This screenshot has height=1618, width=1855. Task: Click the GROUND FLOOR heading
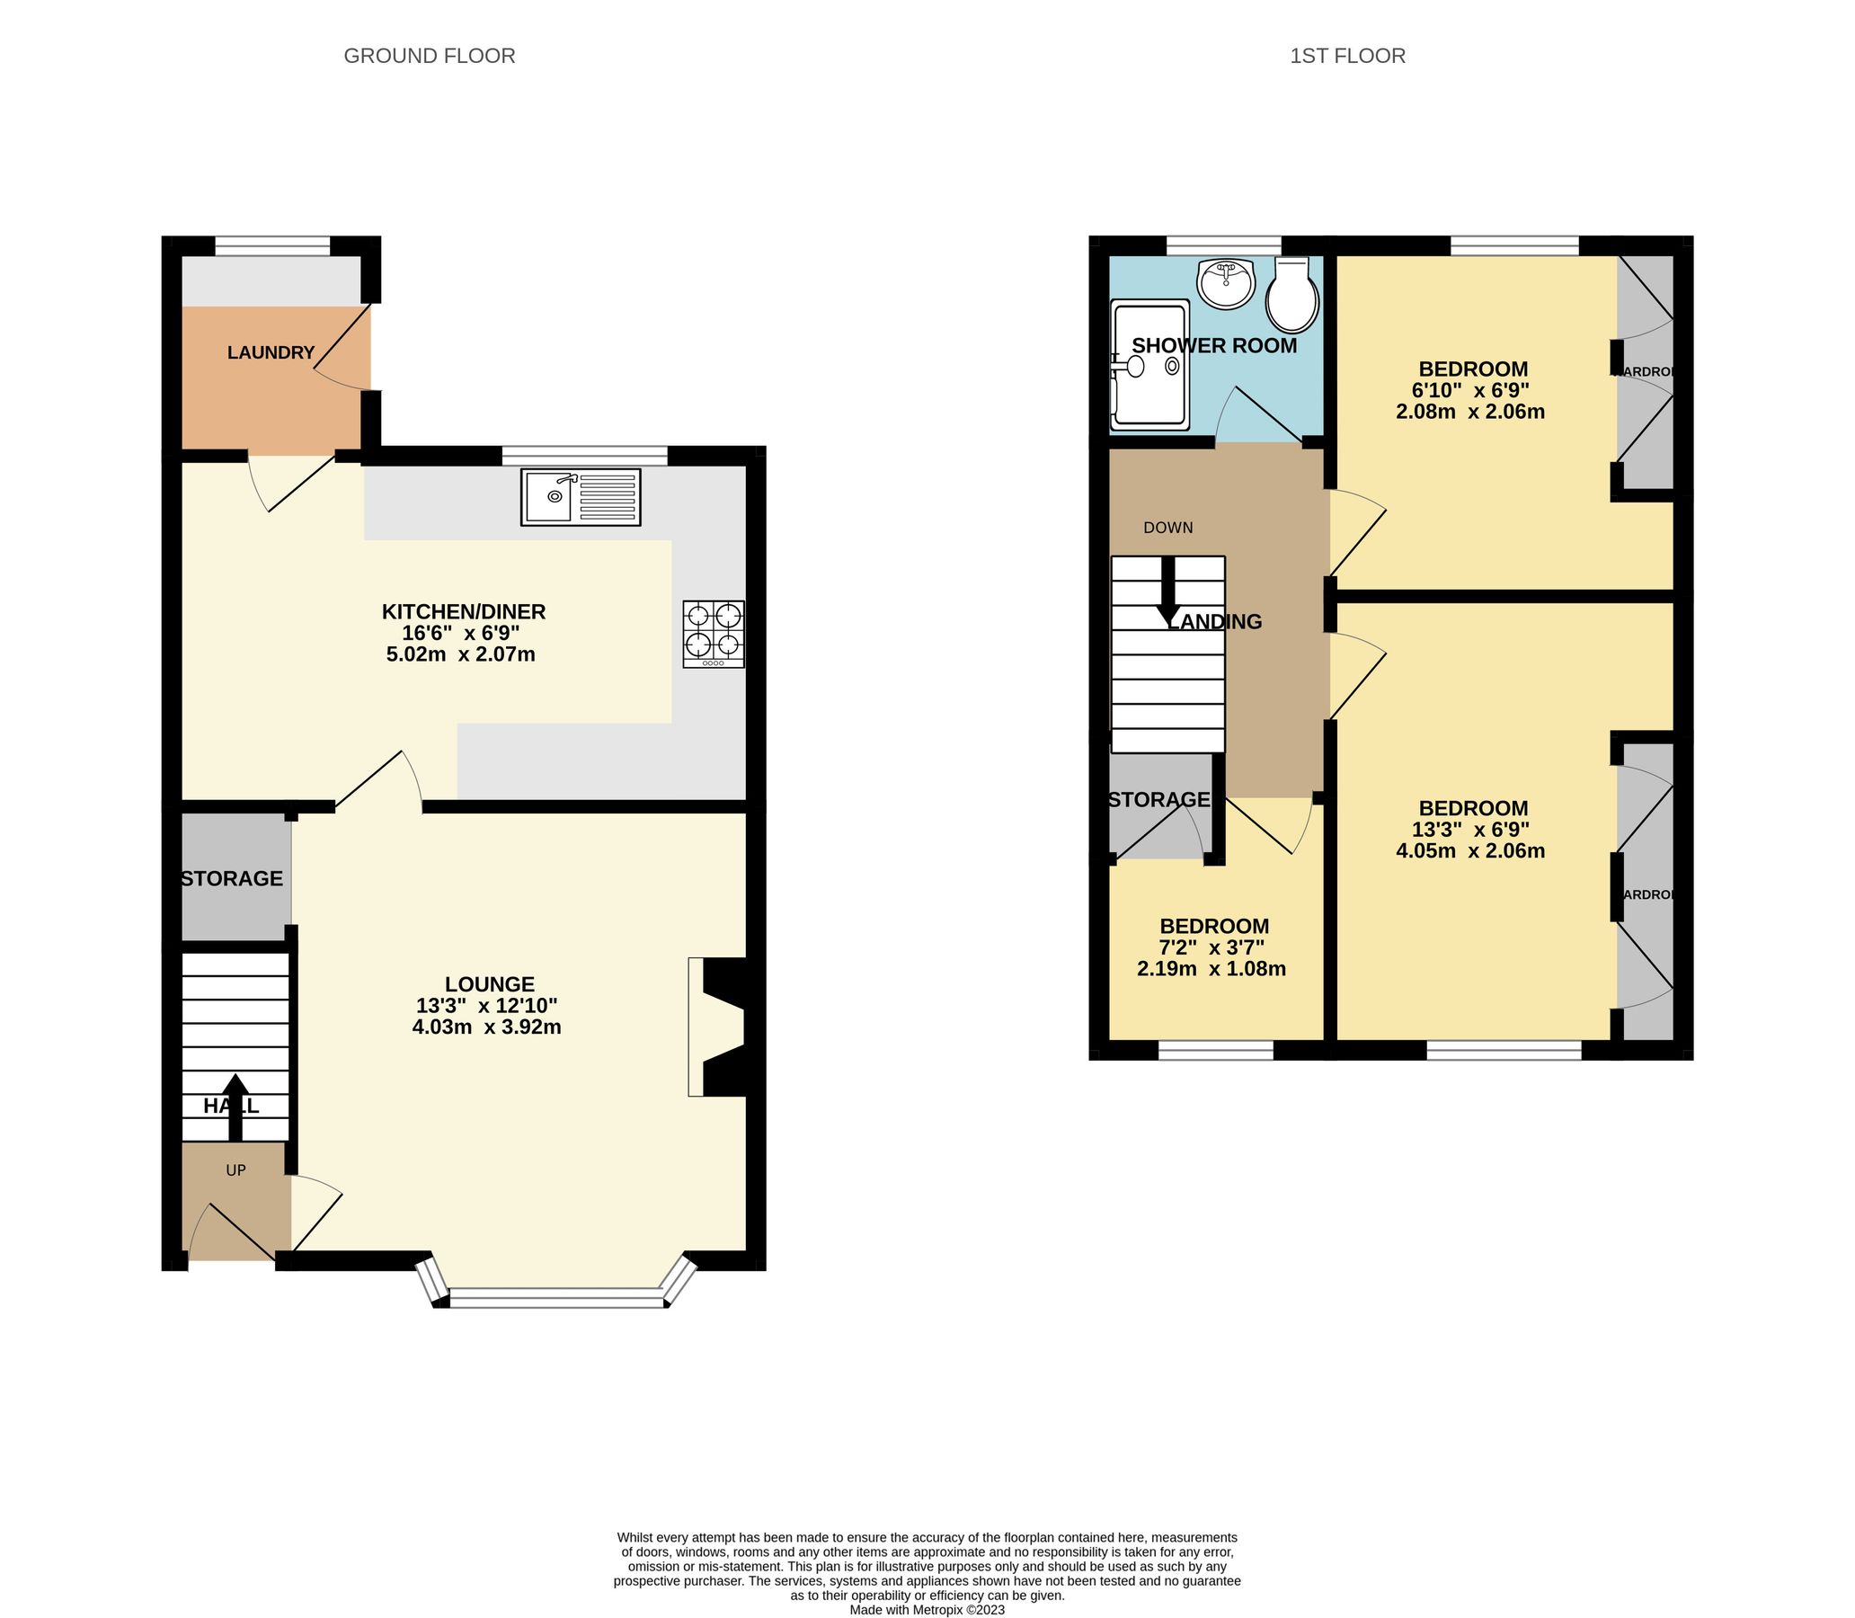pos(429,56)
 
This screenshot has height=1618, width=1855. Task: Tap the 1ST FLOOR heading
pos(1347,56)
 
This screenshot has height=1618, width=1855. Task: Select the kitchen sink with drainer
pos(581,496)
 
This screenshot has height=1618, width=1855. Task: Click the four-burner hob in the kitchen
pos(714,634)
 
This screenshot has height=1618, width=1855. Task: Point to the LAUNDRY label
pos(270,353)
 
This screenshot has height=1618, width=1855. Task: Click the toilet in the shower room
pos(1292,295)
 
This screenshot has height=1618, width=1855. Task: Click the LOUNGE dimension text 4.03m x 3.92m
pos(486,1027)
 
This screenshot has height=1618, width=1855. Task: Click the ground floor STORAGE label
pos(232,878)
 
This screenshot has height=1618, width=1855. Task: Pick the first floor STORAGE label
pos(1159,799)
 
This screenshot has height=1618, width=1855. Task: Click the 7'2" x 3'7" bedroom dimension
pos(1212,947)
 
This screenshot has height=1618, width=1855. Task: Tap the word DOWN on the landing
pos(1168,529)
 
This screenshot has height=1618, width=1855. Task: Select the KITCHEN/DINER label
pos(463,611)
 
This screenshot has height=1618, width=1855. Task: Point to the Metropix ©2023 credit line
pos(926,1609)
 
